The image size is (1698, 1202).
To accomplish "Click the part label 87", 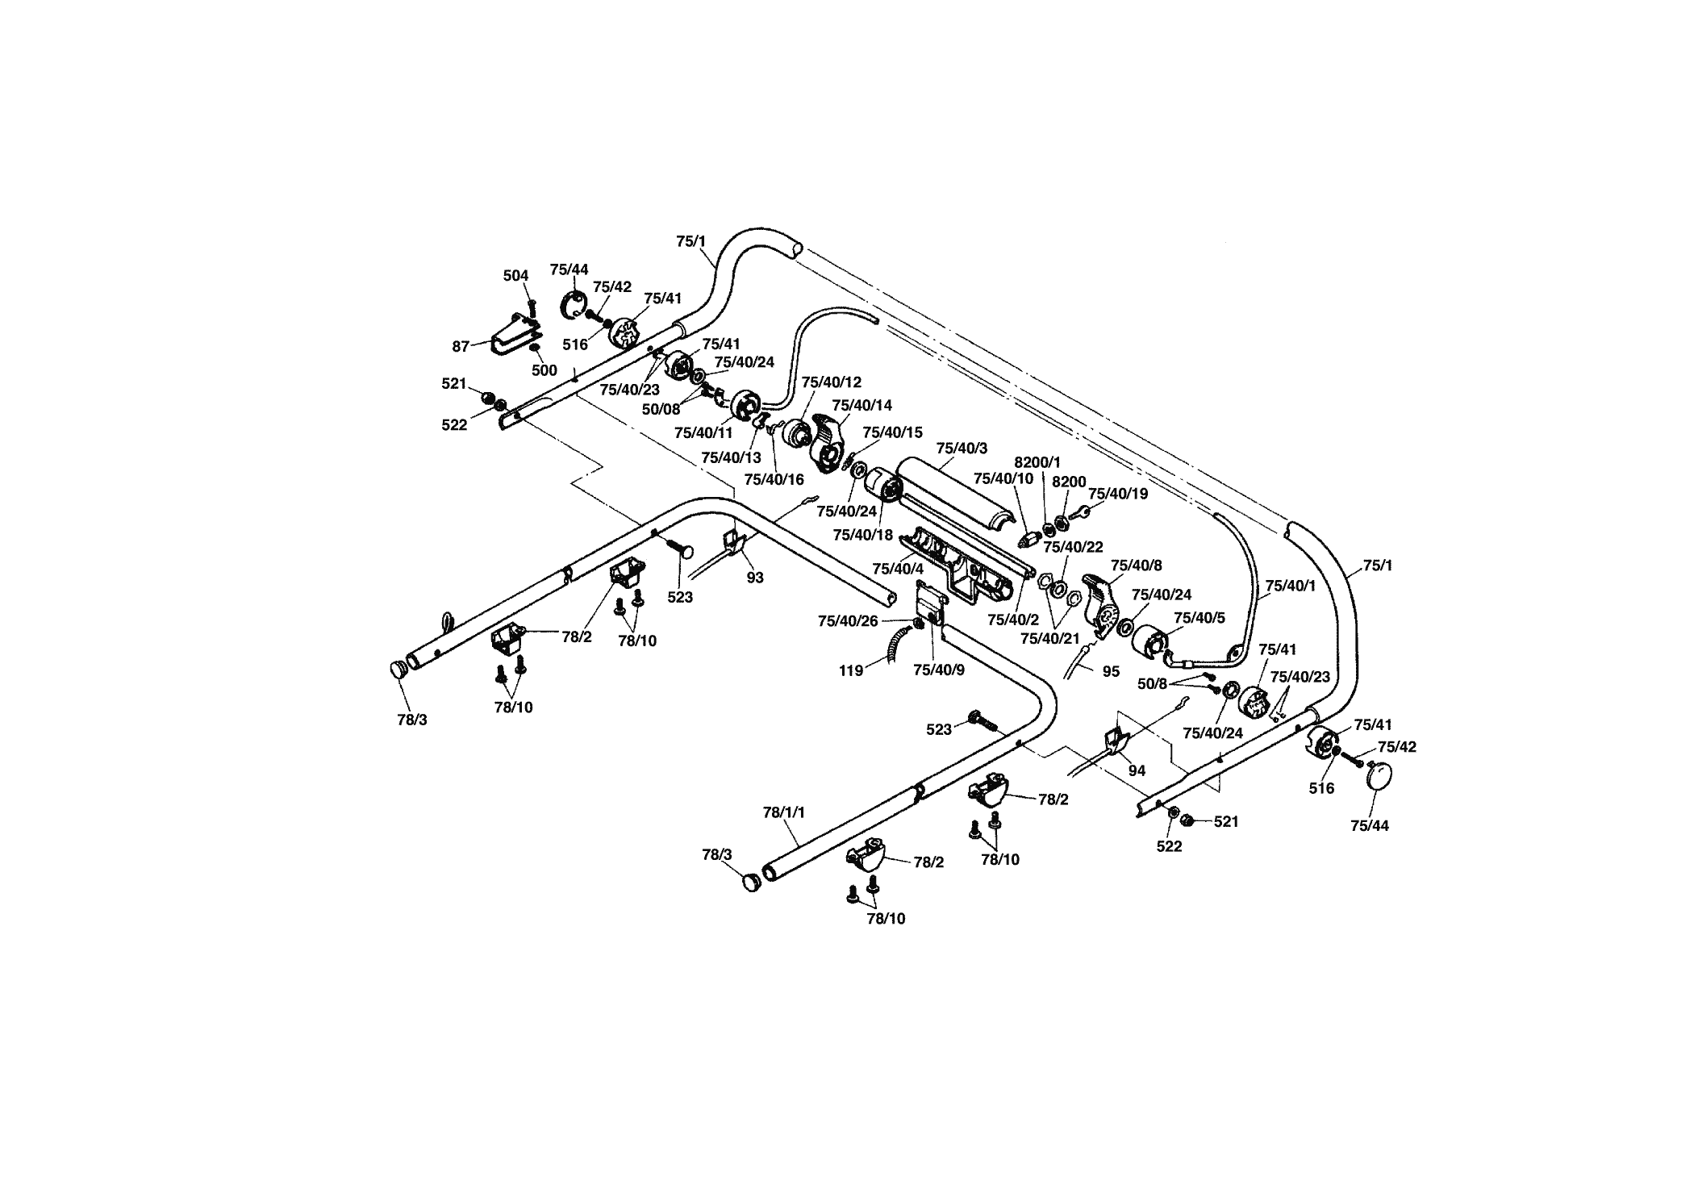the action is [461, 347].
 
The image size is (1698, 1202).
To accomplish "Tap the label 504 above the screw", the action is [515, 276].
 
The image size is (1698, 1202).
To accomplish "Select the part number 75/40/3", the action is [962, 448].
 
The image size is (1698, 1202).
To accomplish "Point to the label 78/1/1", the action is [784, 812].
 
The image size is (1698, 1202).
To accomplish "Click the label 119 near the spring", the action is [852, 670].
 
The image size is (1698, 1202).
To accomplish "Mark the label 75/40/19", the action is [1118, 493].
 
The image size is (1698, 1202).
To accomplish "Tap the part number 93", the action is [755, 578].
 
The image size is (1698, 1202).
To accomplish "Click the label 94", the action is [1137, 771].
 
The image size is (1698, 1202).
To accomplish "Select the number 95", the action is [1111, 671].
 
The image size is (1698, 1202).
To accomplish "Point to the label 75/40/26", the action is [848, 621].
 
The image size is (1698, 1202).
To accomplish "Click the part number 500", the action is [544, 371].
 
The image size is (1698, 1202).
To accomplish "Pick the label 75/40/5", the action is [1199, 619].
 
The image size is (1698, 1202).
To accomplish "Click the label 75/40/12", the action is [832, 382].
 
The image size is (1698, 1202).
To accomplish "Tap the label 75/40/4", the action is [898, 568].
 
